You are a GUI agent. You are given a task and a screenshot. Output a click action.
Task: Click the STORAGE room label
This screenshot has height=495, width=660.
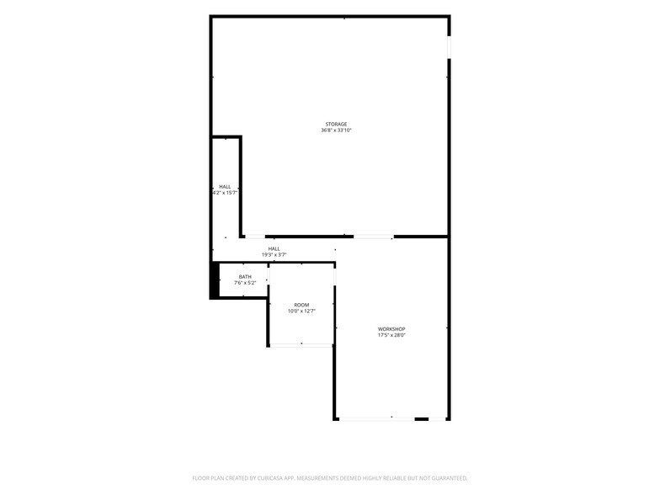(336, 125)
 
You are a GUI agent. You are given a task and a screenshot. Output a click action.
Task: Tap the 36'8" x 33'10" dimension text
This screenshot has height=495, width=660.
(336, 130)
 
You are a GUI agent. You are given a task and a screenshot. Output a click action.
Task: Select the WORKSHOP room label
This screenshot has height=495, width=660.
(391, 329)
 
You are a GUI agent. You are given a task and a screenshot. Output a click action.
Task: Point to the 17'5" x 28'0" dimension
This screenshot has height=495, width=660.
(391, 335)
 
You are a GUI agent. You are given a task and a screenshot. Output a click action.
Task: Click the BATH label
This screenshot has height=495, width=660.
(245, 276)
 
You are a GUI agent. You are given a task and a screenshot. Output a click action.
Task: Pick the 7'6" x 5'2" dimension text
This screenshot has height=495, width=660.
(245, 283)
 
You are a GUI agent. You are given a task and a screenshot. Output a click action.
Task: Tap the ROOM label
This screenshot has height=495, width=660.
(301, 305)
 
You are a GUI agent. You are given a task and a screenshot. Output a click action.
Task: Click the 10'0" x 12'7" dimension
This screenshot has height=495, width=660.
(301, 311)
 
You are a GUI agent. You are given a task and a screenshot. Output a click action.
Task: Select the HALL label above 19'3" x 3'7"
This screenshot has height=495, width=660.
(274, 249)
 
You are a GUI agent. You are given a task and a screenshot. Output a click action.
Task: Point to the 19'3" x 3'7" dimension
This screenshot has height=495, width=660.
(274, 255)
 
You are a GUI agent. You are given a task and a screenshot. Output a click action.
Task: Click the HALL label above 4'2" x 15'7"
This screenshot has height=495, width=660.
(225, 187)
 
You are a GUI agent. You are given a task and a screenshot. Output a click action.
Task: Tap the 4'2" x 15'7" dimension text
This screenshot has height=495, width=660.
(226, 193)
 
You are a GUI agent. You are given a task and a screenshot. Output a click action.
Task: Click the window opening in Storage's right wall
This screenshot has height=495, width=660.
(450, 47)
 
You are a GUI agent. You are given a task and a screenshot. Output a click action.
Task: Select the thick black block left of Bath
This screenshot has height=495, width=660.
(214, 280)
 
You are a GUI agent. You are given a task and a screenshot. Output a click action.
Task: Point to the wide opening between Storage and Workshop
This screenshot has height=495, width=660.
(374, 237)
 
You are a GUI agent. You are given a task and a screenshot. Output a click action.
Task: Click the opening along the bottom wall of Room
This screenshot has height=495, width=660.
(301, 345)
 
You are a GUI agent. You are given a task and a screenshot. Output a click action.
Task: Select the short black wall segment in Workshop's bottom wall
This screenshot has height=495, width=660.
(421, 419)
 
